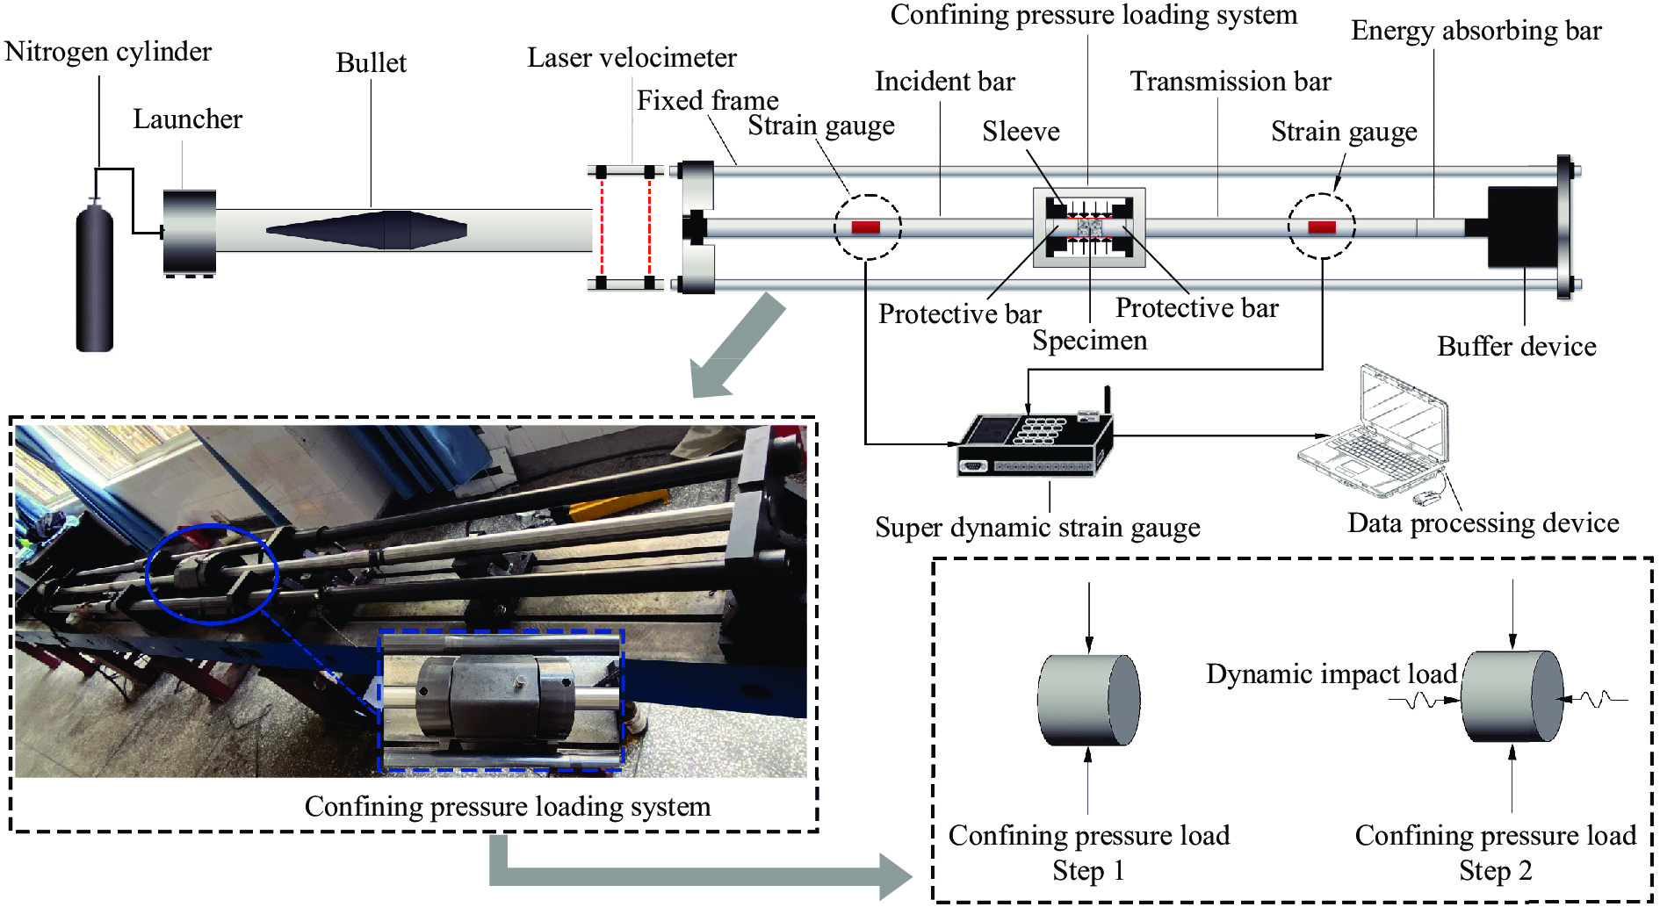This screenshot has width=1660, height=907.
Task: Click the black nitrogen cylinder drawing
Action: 95,277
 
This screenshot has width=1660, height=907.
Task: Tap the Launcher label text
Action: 187,119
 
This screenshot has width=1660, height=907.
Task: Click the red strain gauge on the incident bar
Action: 865,227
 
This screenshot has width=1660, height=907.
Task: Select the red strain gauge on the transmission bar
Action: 1321,227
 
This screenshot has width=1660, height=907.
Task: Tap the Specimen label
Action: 1089,341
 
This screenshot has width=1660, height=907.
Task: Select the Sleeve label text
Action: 1021,132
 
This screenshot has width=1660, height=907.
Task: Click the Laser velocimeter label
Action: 632,58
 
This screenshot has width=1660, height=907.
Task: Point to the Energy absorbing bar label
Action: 1476,31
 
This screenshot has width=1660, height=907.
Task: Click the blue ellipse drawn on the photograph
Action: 212,573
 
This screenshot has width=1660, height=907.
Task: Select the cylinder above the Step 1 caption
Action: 1088,700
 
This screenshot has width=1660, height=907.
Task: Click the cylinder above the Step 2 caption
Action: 1512,696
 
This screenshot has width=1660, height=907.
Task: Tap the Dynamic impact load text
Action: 1331,674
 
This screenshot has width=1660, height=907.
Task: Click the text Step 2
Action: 1495,871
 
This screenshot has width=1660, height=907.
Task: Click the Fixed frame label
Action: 707,101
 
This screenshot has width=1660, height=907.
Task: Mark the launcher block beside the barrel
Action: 189,232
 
